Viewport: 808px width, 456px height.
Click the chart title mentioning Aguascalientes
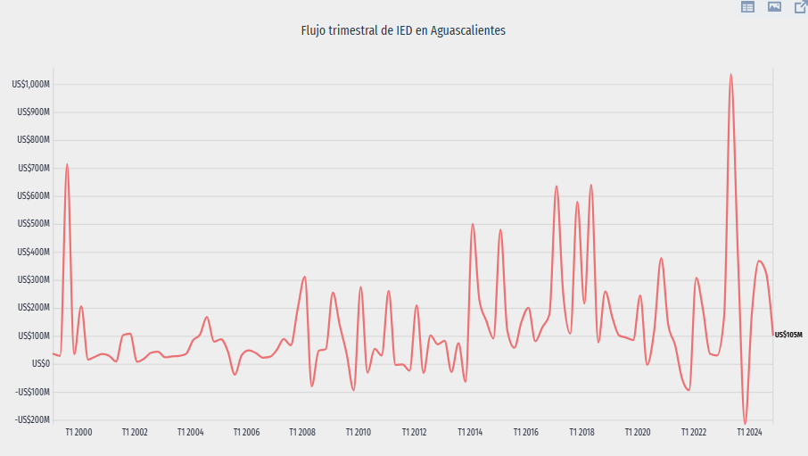(x=404, y=30)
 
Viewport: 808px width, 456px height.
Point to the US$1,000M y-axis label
(x=31, y=85)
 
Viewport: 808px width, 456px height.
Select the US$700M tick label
(x=34, y=169)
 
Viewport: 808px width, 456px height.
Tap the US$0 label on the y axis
(x=39, y=364)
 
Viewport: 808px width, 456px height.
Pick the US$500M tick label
(x=34, y=224)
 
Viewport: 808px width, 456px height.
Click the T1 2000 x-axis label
(x=78, y=433)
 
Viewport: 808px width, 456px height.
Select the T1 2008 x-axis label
(x=302, y=433)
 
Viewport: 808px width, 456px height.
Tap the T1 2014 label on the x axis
(x=470, y=433)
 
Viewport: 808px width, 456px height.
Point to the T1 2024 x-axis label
(x=749, y=433)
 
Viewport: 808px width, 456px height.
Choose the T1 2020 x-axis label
(x=638, y=433)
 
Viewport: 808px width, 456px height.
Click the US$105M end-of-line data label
(x=789, y=336)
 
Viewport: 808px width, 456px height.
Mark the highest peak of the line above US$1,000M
(x=730, y=75)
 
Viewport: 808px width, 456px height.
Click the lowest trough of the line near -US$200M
(x=745, y=424)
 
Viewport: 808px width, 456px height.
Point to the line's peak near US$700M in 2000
(x=67, y=164)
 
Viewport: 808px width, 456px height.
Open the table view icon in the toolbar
(x=747, y=7)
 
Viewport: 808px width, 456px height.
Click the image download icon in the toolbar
(x=774, y=7)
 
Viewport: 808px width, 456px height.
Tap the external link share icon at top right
(x=801, y=7)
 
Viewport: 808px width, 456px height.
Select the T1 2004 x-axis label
(x=190, y=433)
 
